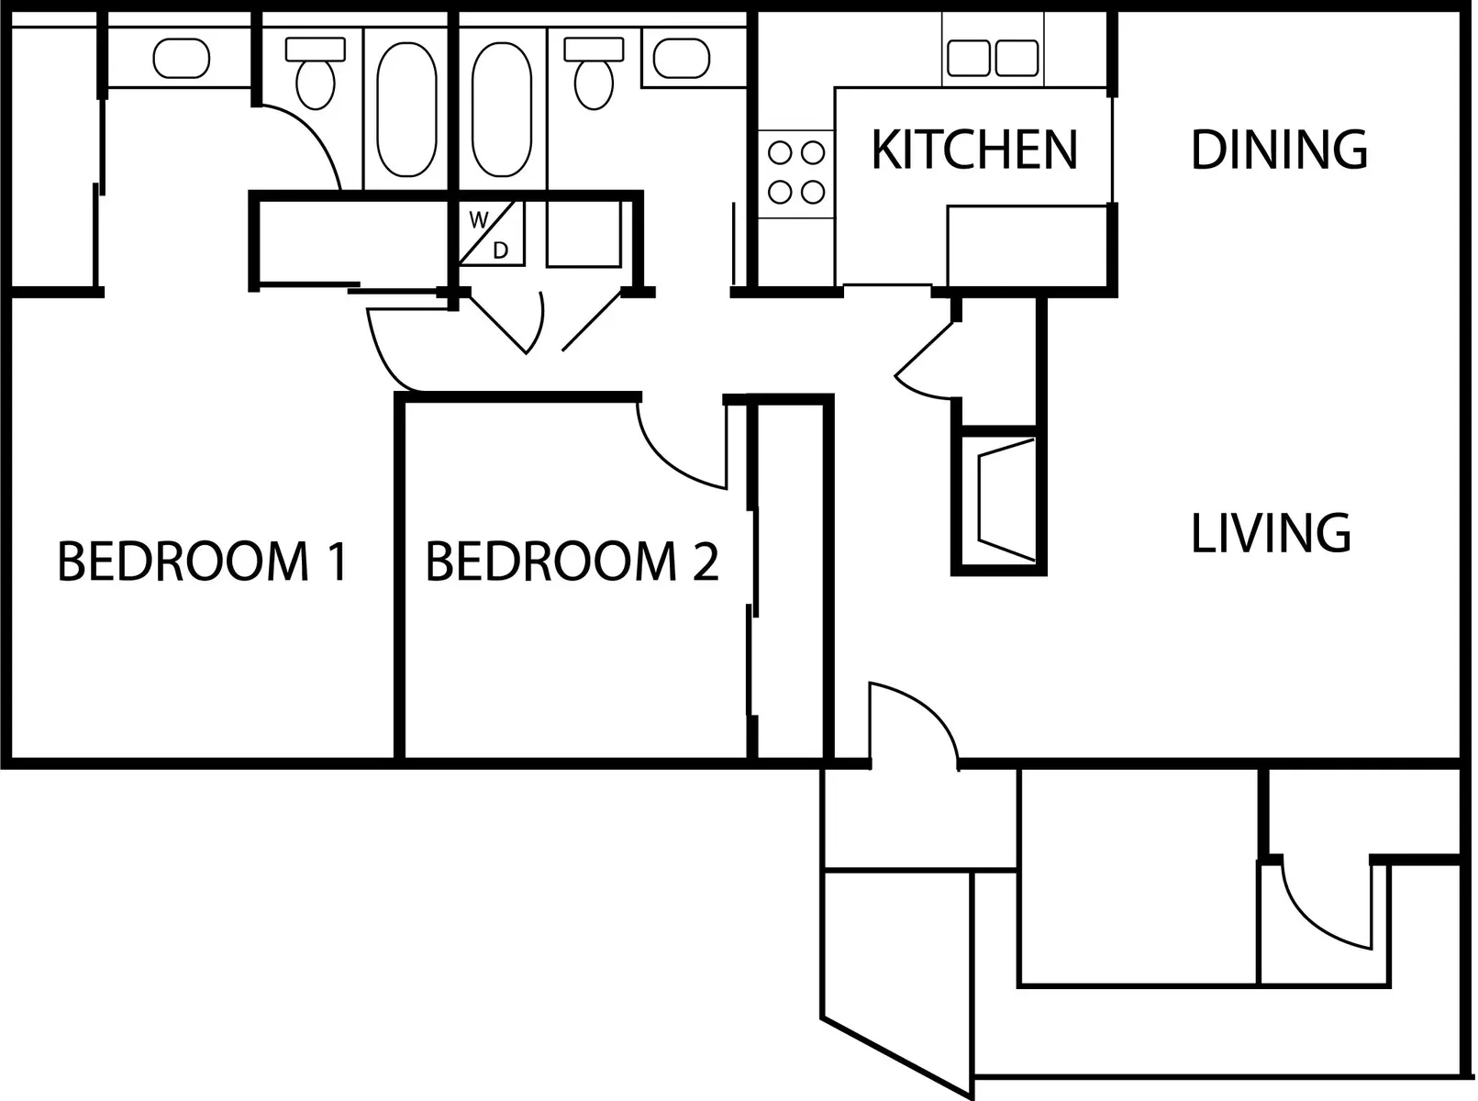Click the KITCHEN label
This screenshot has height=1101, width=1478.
click(x=973, y=150)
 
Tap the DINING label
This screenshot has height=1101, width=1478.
click(x=1278, y=150)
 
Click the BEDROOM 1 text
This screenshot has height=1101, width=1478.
click(x=203, y=562)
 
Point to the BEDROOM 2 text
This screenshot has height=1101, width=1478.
click(x=572, y=562)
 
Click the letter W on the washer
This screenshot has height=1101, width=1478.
click(x=478, y=220)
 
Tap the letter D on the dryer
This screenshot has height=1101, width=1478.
click(x=501, y=250)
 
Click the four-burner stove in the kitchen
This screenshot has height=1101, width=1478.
click(x=795, y=172)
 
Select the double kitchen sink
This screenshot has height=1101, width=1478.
click(x=993, y=58)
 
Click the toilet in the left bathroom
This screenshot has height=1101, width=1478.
click(x=315, y=73)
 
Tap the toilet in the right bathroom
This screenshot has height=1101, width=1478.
click(x=594, y=73)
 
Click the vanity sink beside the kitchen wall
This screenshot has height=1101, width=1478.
click(x=681, y=59)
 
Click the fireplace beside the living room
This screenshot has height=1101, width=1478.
click(x=1006, y=500)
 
